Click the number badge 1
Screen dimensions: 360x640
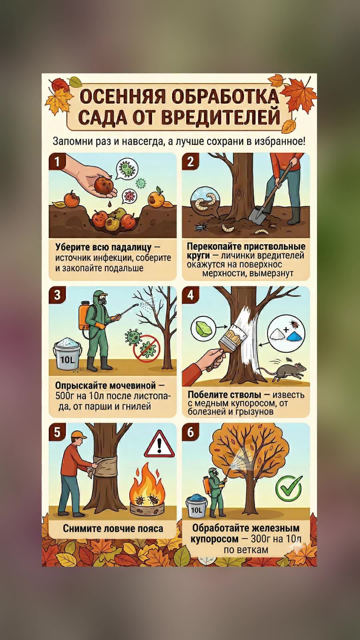(57, 162)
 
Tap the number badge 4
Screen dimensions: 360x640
(190, 295)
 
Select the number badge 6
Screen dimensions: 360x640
(190, 432)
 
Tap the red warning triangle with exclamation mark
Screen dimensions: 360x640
(159, 444)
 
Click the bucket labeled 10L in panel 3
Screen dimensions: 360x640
(68, 354)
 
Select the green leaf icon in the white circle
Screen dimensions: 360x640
(203, 328)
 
